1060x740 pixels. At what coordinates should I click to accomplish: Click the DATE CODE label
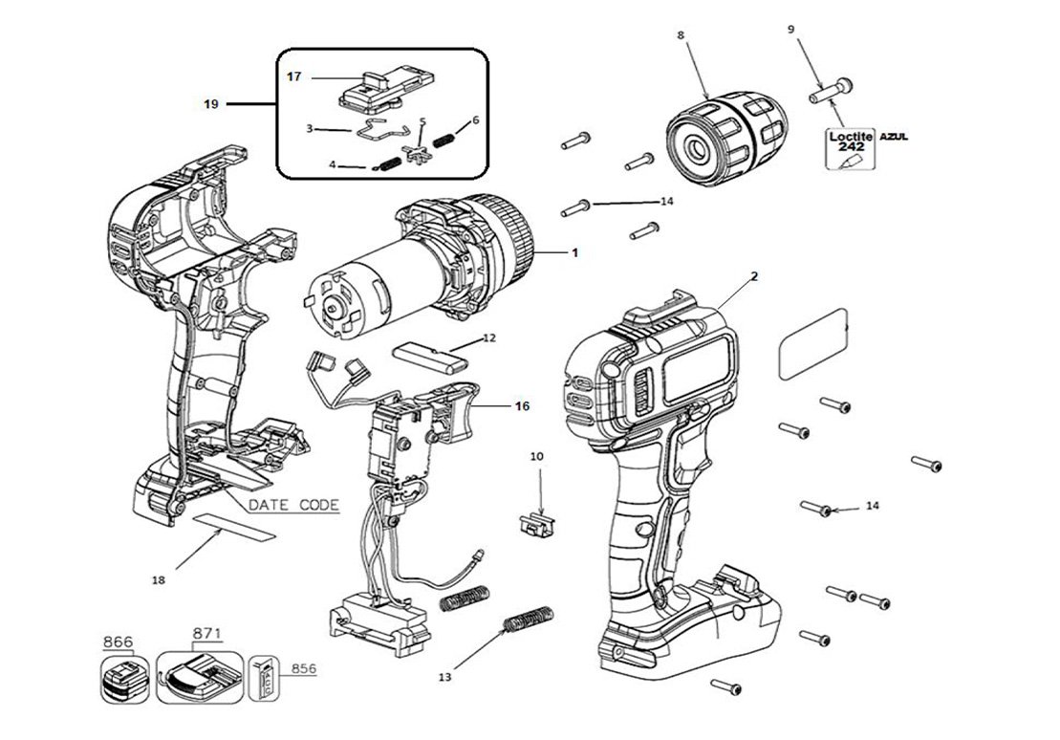[293, 505]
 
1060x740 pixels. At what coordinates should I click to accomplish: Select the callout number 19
[211, 103]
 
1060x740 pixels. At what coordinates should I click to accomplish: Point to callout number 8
[680, 35]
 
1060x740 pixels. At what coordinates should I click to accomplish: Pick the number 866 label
[119, 641]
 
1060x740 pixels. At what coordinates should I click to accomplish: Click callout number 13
[443, 677]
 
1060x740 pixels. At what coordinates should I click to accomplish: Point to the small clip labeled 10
[536, 522]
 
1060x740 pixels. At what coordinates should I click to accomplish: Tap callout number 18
[159, 579]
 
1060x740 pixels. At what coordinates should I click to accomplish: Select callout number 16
[521, 405]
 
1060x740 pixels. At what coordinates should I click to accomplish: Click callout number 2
[753, 277]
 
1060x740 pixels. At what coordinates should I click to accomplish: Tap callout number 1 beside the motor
[574, 252]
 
